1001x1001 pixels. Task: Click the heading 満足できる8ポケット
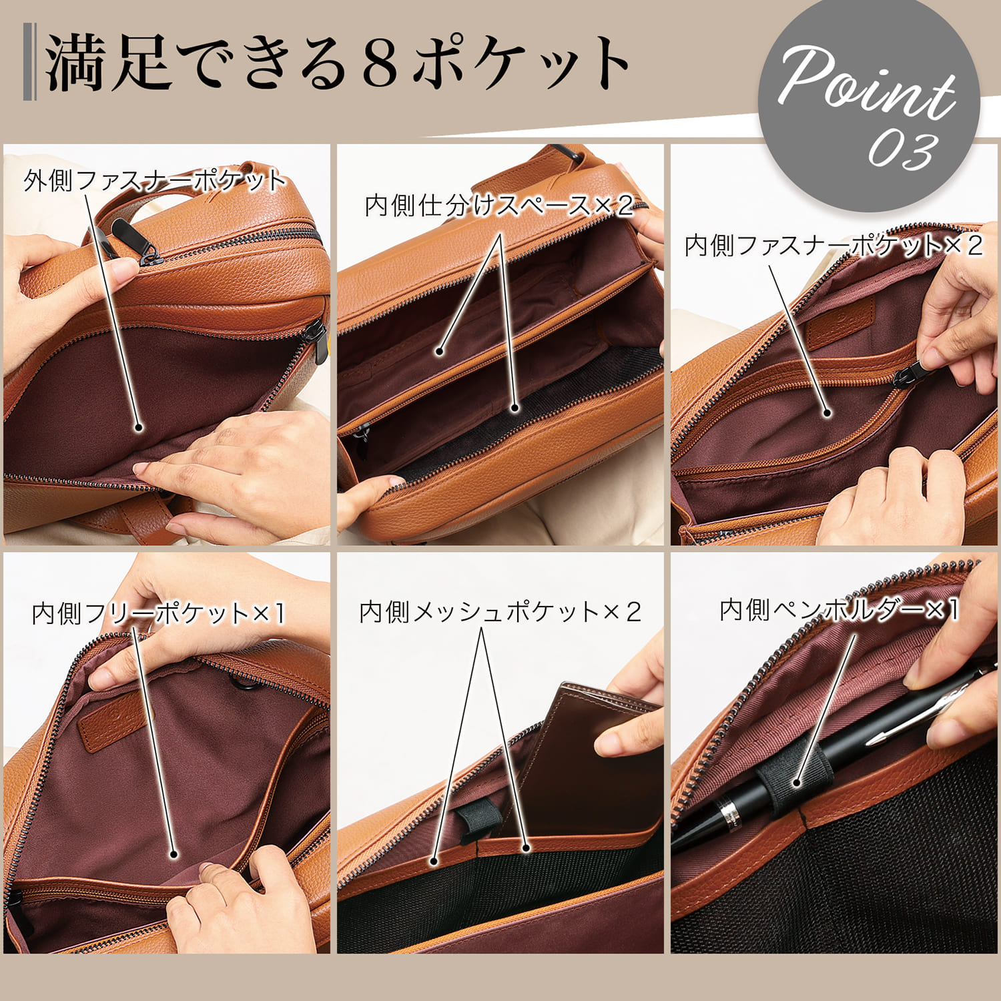337,63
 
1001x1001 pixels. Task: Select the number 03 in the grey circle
903,150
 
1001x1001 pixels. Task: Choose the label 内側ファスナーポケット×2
833,246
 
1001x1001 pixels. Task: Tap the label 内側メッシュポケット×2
500,612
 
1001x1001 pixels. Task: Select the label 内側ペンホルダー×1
839,609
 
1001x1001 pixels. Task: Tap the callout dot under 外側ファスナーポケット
139,427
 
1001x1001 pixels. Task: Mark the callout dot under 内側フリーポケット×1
174,854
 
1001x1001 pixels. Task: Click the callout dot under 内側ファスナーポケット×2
827,413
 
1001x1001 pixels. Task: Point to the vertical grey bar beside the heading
29,61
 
